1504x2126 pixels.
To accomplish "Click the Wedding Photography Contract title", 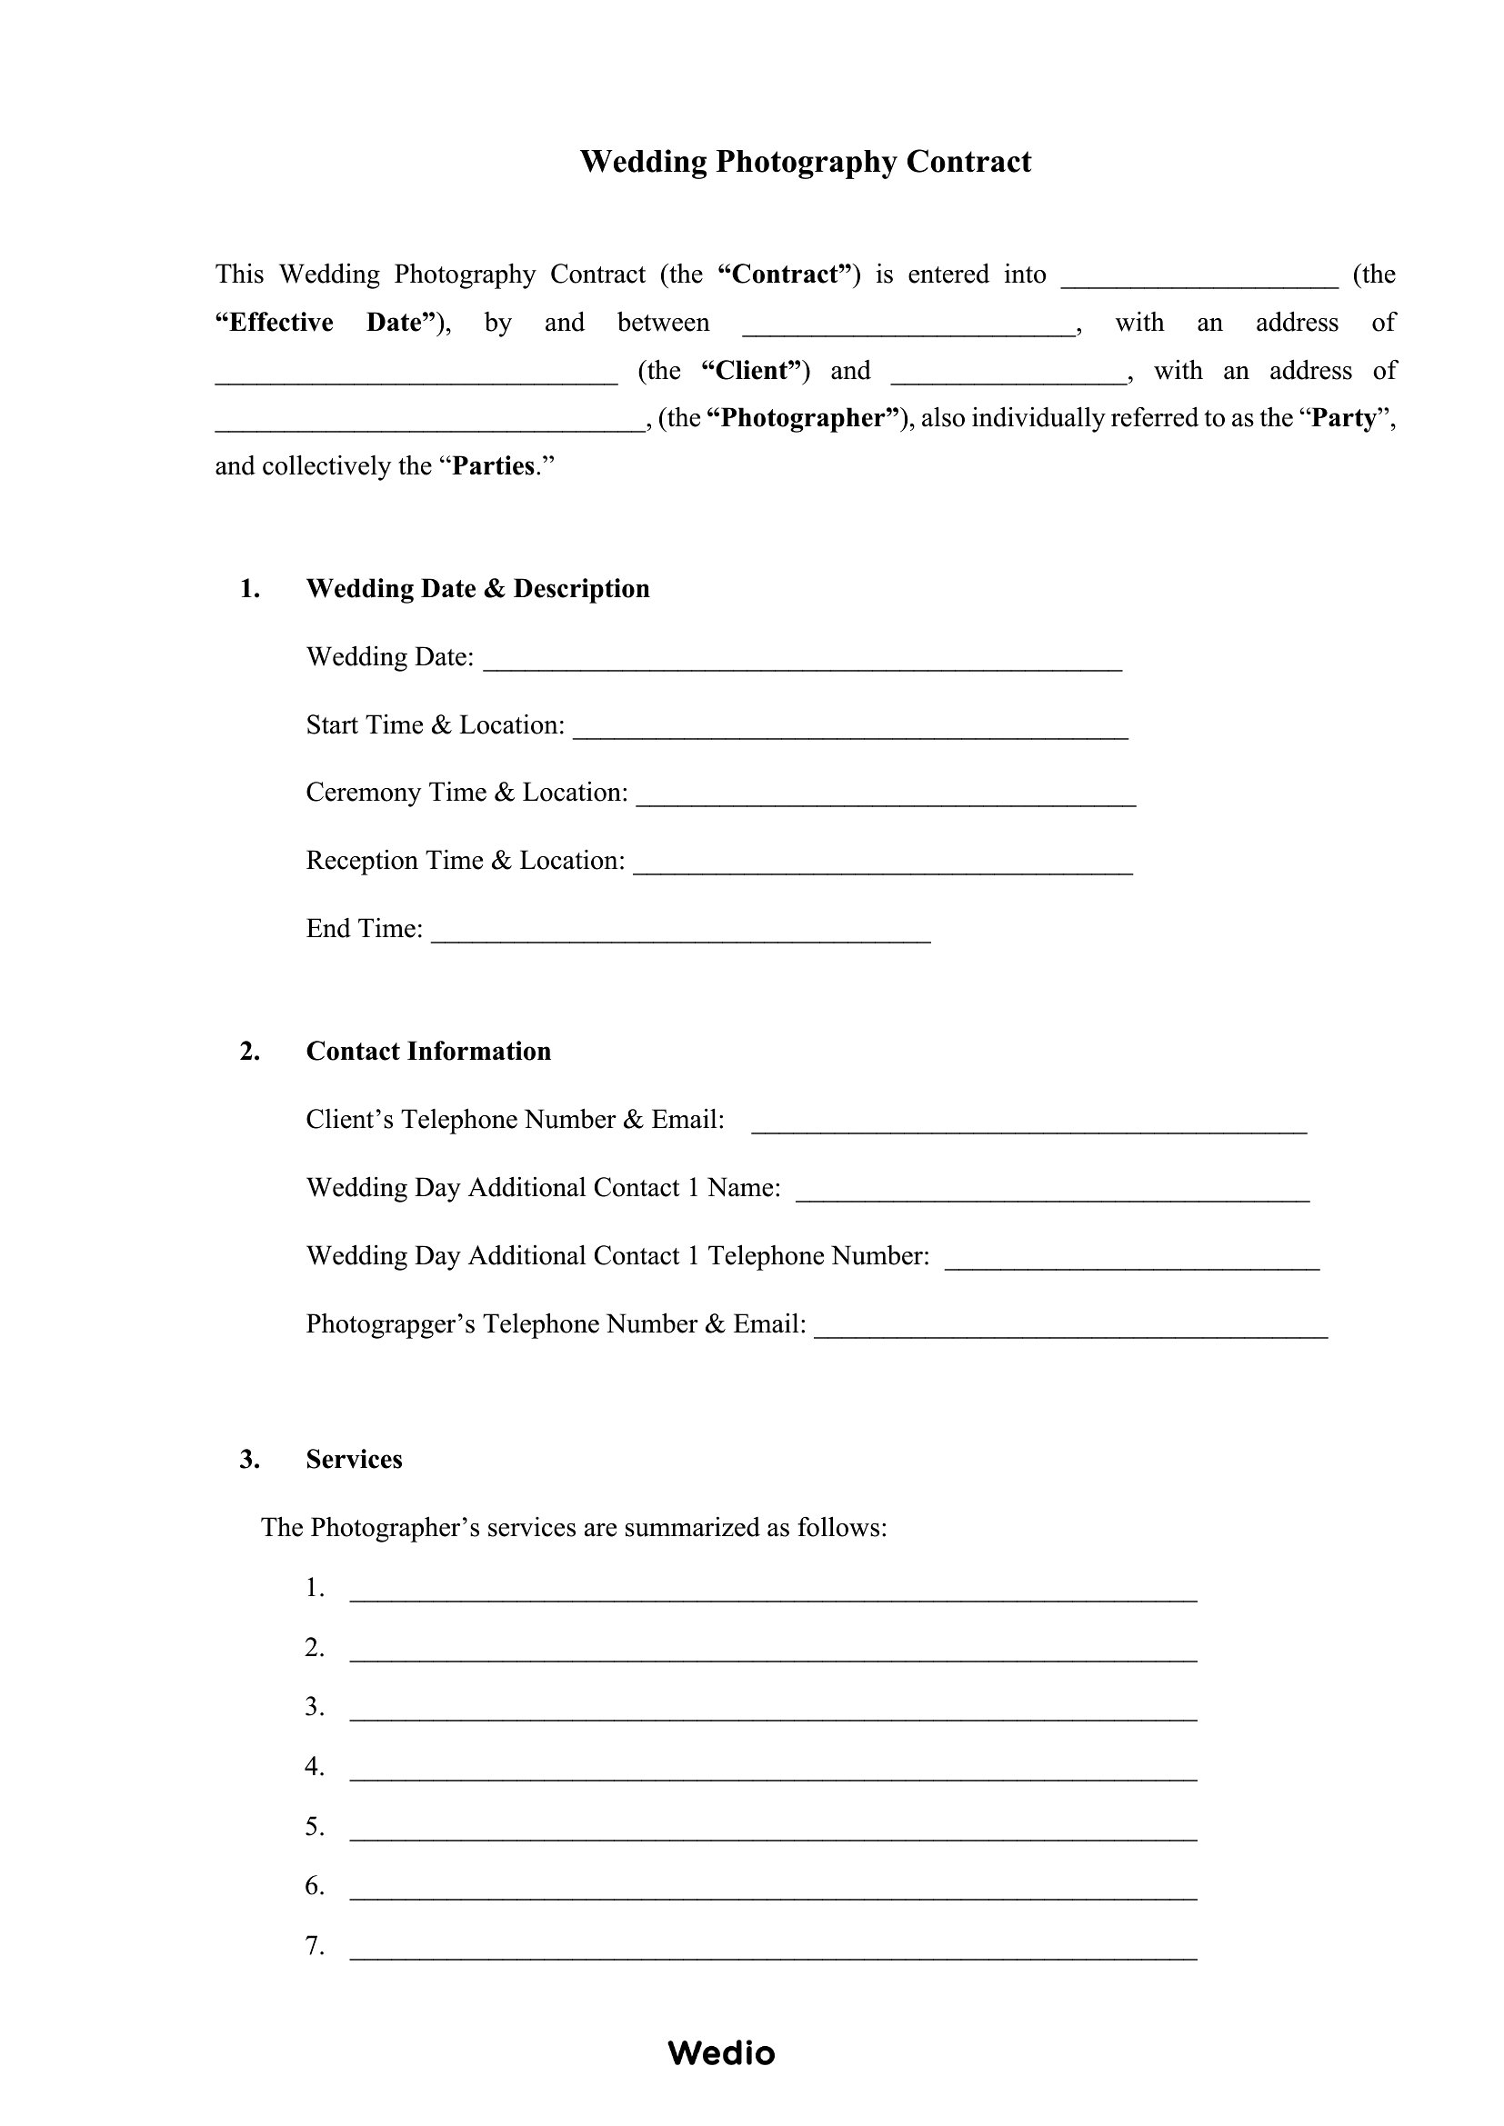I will coord(805,162).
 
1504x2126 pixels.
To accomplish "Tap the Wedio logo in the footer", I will coord(720,2053).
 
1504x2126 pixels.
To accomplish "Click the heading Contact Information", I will coord(428,1051).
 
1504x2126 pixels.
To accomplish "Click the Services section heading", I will coord(354,1460).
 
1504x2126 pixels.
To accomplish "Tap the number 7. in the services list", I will coord(315,1945).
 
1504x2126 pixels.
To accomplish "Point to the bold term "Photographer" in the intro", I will coord(804,418).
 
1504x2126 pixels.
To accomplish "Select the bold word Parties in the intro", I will coord(494,465).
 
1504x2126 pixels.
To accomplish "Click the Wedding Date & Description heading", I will coord(477,589).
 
